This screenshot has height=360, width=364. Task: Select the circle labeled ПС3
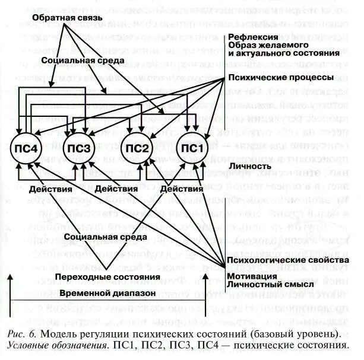[x=78, y=148]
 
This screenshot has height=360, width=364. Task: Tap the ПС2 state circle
[x=137, y=148]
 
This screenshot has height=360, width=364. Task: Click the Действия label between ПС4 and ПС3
[x=52, y=189]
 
